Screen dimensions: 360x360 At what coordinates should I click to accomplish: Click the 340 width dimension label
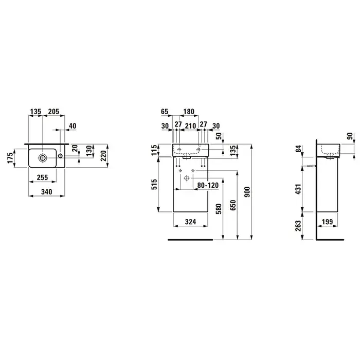click(x=47, y=192)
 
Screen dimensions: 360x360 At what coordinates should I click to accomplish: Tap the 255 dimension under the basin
click(x=43, y=177)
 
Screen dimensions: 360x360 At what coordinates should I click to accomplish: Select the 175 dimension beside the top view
click(x=10, y=158)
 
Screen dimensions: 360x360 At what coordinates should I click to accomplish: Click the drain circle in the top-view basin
click(x=43, y=157)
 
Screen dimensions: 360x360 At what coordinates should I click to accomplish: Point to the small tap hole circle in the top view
click(x=60, y=156)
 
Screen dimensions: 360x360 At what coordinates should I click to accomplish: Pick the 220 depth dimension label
click(x=103, y=156)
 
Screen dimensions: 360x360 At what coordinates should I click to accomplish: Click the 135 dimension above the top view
click(x=35, y=112)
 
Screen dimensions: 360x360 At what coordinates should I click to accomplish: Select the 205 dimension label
click(x=53, y=112)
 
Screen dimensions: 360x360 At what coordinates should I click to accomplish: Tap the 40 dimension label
click(x=73, y=126)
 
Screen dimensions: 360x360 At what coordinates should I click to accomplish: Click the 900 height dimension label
click(x=247, y=192)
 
